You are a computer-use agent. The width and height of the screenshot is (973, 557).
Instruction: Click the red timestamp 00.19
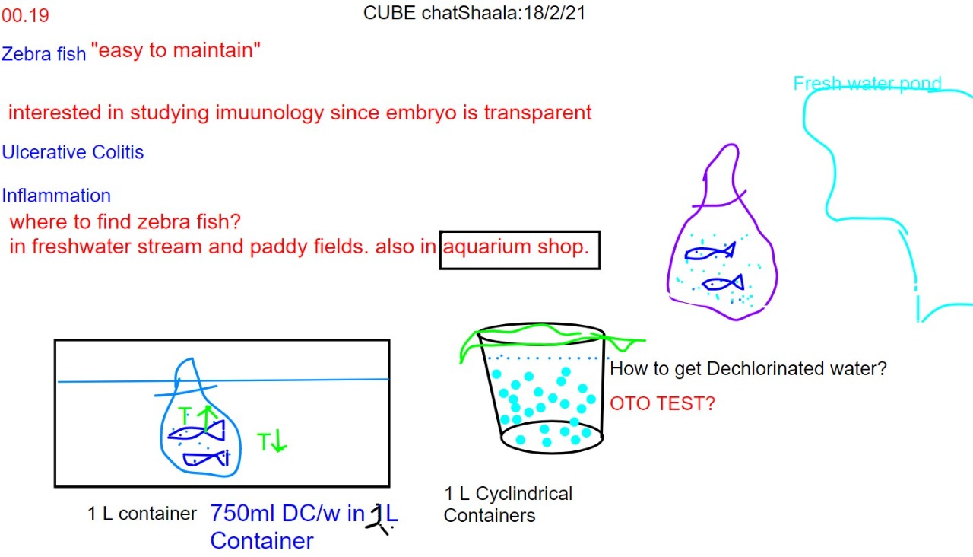(25, 16)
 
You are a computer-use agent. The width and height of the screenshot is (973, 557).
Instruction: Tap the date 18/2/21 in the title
(554, 13)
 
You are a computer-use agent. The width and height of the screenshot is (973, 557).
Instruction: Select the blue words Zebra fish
(44, 54)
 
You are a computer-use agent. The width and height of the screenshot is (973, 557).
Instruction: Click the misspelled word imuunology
(270, 113)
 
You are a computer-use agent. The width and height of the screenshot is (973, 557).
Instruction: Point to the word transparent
(537, 113)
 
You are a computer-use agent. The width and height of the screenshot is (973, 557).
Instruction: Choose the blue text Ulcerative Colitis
(72, 152)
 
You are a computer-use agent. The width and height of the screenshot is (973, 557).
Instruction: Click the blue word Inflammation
(56, 196)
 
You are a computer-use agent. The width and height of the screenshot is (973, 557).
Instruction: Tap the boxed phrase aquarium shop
(516, 247)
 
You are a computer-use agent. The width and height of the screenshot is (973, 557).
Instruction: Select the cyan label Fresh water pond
(867, 83)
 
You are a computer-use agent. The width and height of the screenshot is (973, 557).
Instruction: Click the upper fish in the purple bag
(710, 251)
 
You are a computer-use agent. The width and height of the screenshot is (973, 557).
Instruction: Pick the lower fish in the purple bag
(723, 282)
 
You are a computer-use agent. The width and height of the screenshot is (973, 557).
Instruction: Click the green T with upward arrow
(198, 415)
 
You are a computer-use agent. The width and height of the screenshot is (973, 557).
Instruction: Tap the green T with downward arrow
(272, 441)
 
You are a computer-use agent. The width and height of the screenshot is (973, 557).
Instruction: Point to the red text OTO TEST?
(662, 403)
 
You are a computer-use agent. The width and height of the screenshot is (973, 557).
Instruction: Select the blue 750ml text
(244, 513)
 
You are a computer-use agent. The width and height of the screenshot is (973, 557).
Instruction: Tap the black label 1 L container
(142, 514)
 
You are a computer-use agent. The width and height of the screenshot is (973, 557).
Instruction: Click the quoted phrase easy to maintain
(176, 50)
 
